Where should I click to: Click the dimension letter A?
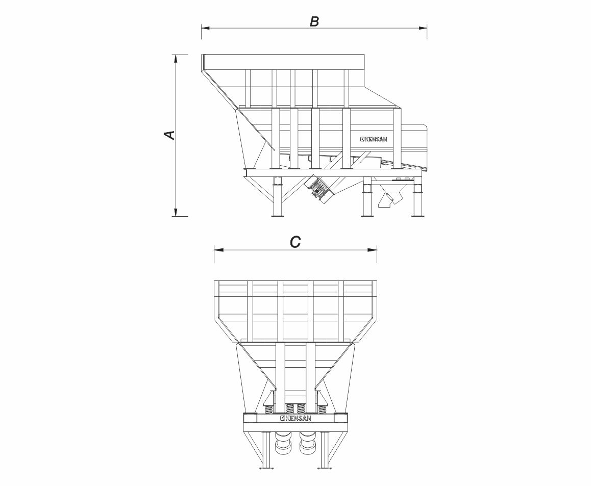click(170, 135)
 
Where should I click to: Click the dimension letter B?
click(314, 22)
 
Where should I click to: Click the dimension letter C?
click(295, 242)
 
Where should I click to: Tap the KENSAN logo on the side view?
click(374, 139)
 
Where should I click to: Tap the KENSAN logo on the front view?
click(296, 418)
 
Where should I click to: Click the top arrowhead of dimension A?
click(175, 59)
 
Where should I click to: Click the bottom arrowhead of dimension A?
click(175, 212)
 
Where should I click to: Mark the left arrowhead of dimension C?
click(218, 249)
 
